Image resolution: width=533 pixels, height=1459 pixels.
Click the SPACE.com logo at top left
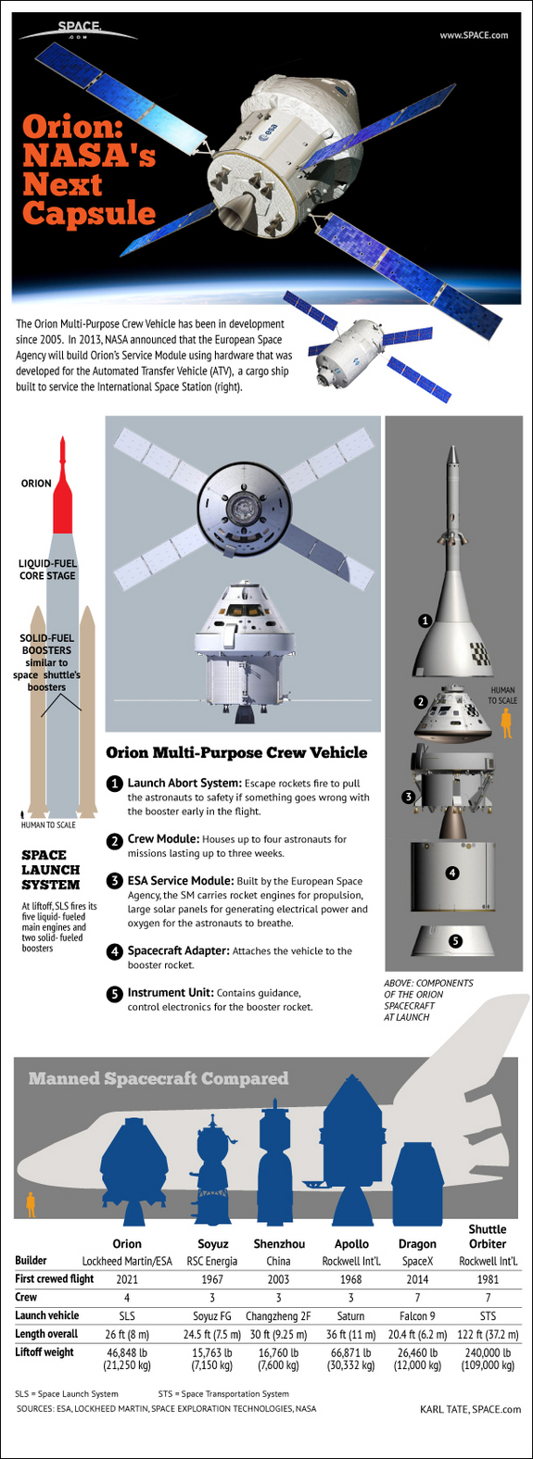click(77, 31)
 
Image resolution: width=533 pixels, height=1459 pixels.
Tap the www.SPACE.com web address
click(474, 35)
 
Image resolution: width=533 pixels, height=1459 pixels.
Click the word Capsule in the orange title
click(89, 213)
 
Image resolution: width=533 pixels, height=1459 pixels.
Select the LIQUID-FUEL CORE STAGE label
click(48, 570)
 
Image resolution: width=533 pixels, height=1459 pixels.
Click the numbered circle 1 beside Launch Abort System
click(114, 784)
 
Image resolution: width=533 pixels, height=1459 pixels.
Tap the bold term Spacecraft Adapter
click(178, 950)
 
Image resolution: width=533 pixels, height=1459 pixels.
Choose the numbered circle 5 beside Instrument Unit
click(114, 994)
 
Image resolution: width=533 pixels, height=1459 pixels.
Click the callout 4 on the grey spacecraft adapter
click(452, 873)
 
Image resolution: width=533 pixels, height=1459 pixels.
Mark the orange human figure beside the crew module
click(506, 723)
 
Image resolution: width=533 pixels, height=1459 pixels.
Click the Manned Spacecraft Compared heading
click(159, 1078)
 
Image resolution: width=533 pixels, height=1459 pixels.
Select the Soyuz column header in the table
click(213, 1244)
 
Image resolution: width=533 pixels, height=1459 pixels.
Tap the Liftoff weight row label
click(44, 1352)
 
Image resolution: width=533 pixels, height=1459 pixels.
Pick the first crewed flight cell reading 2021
click(127, 1279)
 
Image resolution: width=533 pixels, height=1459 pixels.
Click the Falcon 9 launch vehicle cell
click(417, 1315)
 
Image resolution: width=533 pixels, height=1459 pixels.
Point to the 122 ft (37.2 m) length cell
click(488, 1334)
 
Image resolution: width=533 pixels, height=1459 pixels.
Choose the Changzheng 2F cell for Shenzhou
click(279, 1315)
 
